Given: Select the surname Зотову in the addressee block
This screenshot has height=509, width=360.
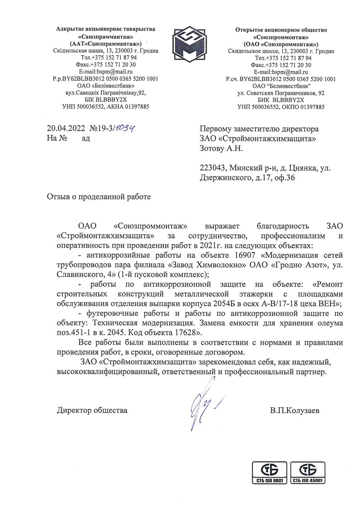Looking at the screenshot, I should pyautogui.click(x=211, y=148).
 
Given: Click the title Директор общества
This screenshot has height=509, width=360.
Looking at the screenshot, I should pyautogui.click(x=92, y=410).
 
